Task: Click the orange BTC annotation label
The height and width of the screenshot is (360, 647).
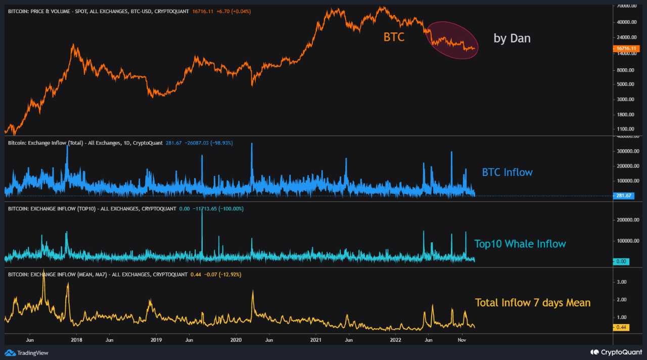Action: click(394, 37)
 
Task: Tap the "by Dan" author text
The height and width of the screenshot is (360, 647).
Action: click(512, 38)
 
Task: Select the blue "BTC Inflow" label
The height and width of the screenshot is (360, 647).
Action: click(507, 172)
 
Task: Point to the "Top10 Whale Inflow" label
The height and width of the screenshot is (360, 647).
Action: click(520, 244)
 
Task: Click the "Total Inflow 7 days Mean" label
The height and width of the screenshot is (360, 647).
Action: click(532, 302)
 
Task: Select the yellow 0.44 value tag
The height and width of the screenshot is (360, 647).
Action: click(621, 327)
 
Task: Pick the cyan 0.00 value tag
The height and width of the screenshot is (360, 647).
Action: click(621, 261)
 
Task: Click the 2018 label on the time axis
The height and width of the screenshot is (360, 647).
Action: click(77, 340)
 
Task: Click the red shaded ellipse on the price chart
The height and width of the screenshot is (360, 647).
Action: click(452, 39)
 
